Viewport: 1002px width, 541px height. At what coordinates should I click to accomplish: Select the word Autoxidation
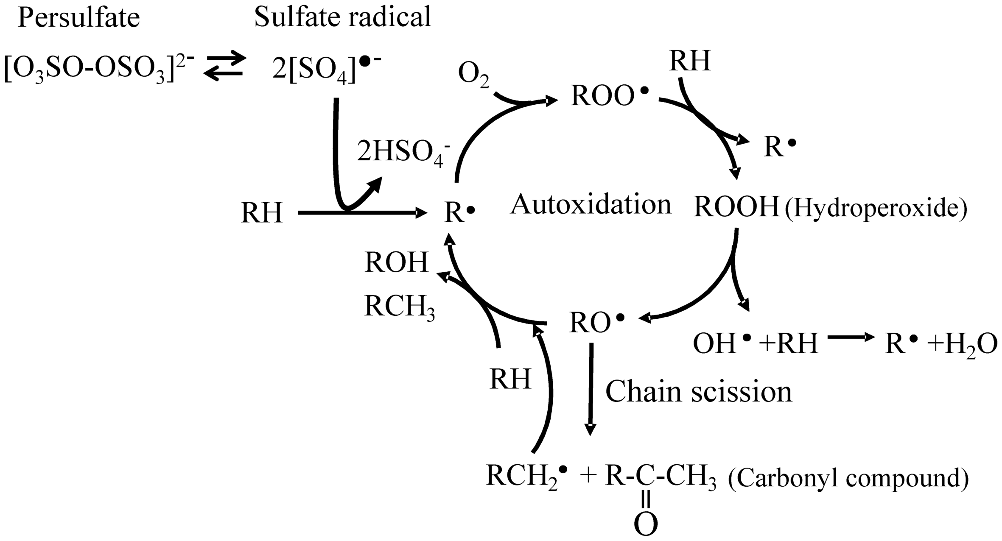(x=591, y=205)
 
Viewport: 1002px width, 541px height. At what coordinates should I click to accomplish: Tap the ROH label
(x=397, y=262)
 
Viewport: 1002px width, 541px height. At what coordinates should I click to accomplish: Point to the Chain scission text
(x=698, y=392)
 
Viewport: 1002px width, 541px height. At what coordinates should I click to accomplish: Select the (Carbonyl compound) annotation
(x=848, y=478)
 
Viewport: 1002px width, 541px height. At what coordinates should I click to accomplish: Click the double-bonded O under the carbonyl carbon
(x=646, y=525)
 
